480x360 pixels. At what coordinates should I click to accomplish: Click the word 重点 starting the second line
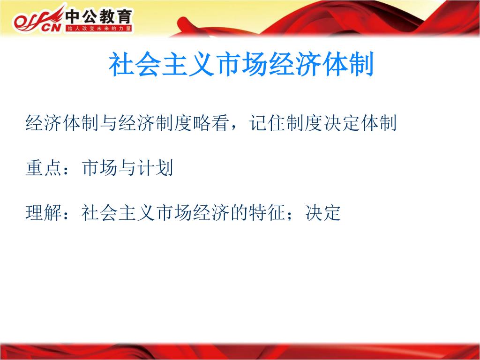click(x=44, y=168)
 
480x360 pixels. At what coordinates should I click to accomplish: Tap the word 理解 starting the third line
click(x=44, y=213)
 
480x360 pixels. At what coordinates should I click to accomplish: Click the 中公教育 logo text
click(x=98, y=16)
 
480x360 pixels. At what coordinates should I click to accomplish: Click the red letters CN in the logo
click(x=51, y=28)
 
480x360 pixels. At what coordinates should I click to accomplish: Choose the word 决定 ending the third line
click(x=323, y=213)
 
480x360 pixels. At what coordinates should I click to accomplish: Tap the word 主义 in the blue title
click(x=187, y=64)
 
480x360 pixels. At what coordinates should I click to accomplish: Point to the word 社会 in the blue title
click(x=135, y=64)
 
